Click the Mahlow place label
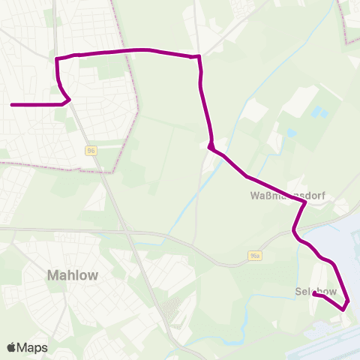(72, 275)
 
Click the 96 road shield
(91, 150)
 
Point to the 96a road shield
(255, 256)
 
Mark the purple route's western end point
(12, 105)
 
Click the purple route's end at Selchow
(314, 295)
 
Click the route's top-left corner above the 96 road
(58, 58)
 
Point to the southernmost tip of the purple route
(344, 308)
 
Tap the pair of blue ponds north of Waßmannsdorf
(320, 113)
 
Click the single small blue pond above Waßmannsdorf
(291, 133)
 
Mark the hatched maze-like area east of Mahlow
(172, 307)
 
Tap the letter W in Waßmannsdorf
(253, 196)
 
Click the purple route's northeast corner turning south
(199, 57)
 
